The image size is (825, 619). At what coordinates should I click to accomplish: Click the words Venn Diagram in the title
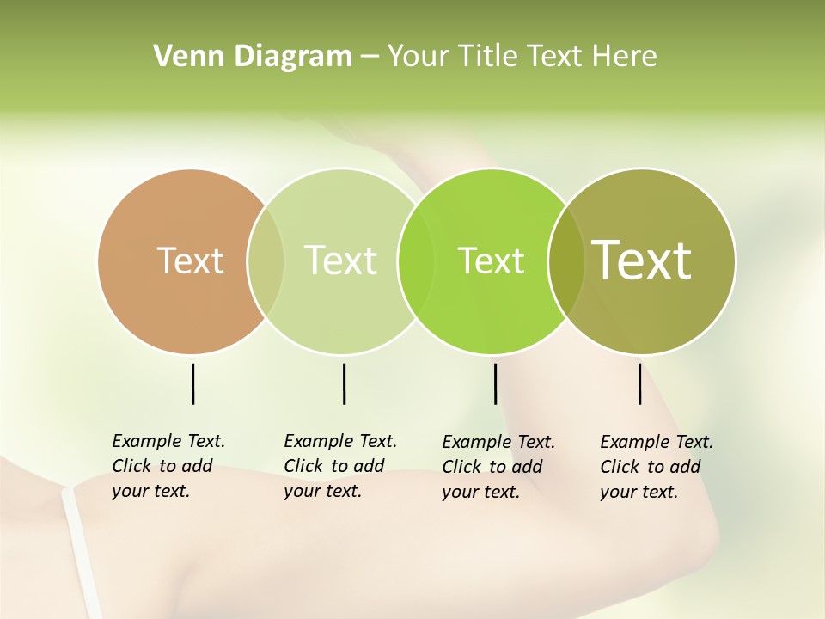(253, 57)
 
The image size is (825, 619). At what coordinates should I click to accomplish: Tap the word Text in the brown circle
(190, 260)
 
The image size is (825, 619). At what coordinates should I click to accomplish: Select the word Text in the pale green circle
(340, 260)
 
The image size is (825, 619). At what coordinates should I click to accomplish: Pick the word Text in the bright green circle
(491, 260)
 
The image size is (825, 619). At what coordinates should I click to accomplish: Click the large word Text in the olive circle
(642, 260)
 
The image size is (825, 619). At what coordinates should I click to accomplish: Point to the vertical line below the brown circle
(192, 383)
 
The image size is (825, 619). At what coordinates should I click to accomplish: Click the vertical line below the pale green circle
(344, 383)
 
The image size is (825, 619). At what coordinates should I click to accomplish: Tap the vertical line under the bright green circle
(495, 383)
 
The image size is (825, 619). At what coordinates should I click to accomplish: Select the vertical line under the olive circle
(639, 383)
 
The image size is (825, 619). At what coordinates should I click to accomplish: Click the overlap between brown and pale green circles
(266, 261)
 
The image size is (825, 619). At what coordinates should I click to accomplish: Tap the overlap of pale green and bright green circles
(416, 261)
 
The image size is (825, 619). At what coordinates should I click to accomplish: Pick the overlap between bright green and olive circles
(566, 261)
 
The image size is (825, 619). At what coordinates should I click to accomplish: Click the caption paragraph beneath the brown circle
(168, 466)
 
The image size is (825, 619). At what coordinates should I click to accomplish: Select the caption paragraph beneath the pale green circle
(340, 466)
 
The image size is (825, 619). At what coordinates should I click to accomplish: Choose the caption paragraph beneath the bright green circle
(498, 467)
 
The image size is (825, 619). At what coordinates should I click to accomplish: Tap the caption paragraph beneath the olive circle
(657, 467)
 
